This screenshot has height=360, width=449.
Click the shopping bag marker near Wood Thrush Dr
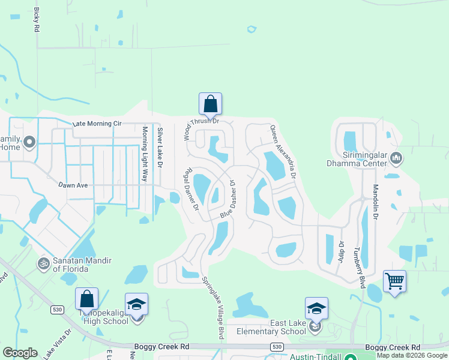tap(210, 104)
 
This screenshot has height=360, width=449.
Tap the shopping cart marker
tap(394, 281)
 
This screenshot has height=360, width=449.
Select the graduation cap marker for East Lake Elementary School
tap(316, 309)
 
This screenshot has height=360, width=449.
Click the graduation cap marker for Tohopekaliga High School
tap(136, 305)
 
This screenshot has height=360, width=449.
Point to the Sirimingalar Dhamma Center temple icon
tap(396, 158)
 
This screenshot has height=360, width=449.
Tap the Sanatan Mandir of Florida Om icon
tap(43, 262)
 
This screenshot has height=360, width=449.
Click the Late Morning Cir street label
tap(97, 124)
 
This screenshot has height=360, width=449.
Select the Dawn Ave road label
tap(73, 185)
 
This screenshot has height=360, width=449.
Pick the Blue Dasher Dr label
tap(227, 199)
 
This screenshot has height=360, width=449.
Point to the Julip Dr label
tap(341, 253)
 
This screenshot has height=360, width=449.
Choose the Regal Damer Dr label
tap(191, 188)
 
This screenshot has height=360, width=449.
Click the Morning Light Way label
tap(145, 155)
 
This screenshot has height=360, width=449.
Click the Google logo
tap(20, 353)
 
